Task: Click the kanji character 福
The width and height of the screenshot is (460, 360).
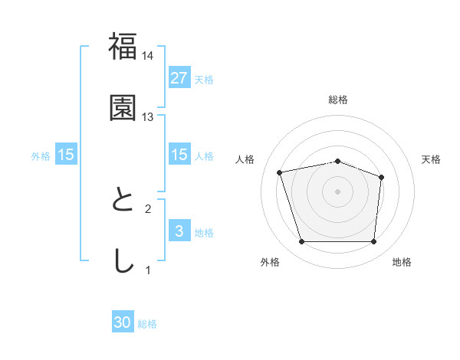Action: (x=123, y=47)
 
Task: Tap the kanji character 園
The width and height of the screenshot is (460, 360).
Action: (x=123, y=108)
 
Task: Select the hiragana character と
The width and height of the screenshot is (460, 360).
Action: (x=123, y=201)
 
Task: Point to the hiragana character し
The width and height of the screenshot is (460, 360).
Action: (x=123, y=261)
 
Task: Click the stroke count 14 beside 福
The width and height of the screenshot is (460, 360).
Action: (x=148, y=56)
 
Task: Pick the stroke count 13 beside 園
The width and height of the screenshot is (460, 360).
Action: (x=148, y=117)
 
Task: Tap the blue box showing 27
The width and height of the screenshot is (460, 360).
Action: (x=179, y=78)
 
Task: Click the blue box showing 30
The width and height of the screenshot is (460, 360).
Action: (x=123, y=323)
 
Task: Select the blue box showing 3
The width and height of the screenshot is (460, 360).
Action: (x=179, y=231)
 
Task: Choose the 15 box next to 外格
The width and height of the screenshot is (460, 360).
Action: (x=66, y=155)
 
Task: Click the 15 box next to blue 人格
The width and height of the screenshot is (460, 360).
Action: (x=179, y=155)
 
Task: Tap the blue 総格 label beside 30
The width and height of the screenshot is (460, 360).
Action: (x=147, y=324)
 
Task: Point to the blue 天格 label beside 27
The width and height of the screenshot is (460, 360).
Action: (x=204, y=79)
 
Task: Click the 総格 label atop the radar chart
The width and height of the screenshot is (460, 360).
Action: (x=338, y=100)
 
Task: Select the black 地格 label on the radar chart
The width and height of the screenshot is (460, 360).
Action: (x=402, y=263)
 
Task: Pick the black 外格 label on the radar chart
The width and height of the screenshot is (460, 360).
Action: (x=270, y=263)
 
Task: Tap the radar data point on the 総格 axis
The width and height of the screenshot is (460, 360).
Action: (x=338, y=161)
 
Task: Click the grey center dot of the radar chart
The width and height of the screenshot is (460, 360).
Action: (x=338, y=191)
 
